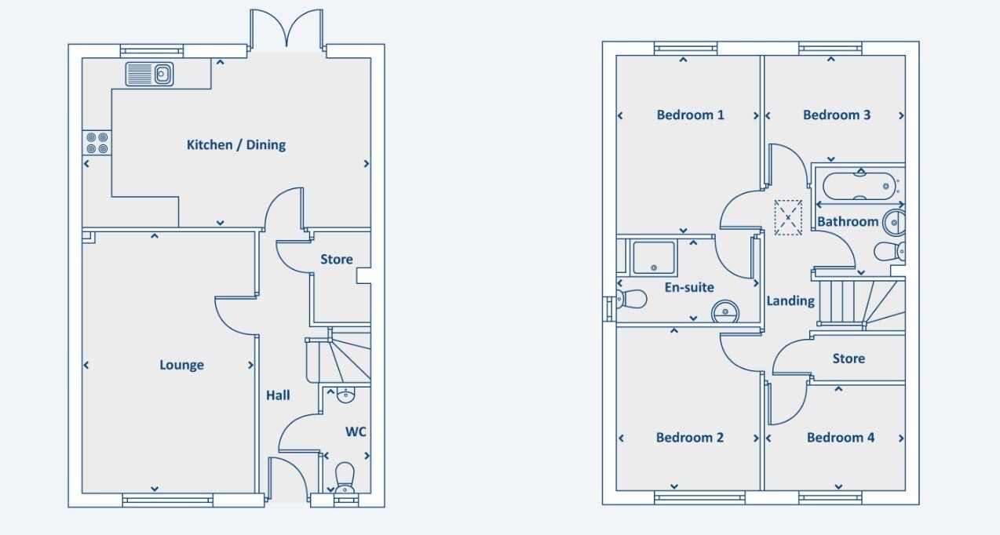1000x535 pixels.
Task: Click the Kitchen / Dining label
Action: click(236, 145)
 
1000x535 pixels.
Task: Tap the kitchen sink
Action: click(149, 74)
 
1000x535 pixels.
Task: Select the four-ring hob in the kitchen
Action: click(97, 143)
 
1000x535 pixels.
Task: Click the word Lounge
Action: click(181, 365)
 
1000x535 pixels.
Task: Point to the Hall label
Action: click(278, 395)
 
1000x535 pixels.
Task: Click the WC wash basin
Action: click(345, 395)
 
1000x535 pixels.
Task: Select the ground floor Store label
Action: click(337, 259)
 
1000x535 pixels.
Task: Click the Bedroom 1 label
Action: click(690, 115)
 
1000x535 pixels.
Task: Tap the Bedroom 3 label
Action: click(837, 115)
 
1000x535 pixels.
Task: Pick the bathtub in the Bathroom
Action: click(859, 187)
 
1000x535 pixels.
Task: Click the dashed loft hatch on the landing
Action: click(788, 217)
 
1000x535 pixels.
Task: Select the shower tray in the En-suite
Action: click(654, 257)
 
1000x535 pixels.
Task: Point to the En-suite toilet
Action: click(632, 299)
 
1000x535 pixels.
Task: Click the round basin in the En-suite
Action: click(725, 311)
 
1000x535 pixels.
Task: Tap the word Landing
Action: click(790, 301)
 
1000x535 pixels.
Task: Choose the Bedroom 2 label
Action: click(690, 438)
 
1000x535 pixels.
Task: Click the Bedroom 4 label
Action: click(841, 438)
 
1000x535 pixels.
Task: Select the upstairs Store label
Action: click(849, 358)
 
